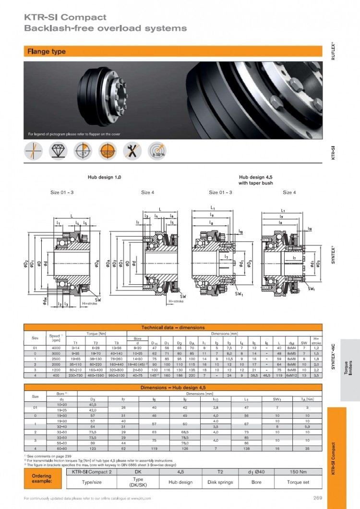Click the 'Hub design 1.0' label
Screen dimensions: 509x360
pos(104,177)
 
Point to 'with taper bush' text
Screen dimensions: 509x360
pos(256,183)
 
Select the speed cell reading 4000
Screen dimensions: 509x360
pos(55,347)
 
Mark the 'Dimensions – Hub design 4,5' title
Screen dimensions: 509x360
pos(173,387)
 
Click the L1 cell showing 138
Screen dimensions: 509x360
pos(246,448)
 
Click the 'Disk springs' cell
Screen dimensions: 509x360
pos(220,482)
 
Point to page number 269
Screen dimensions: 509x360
pos(317,497)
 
